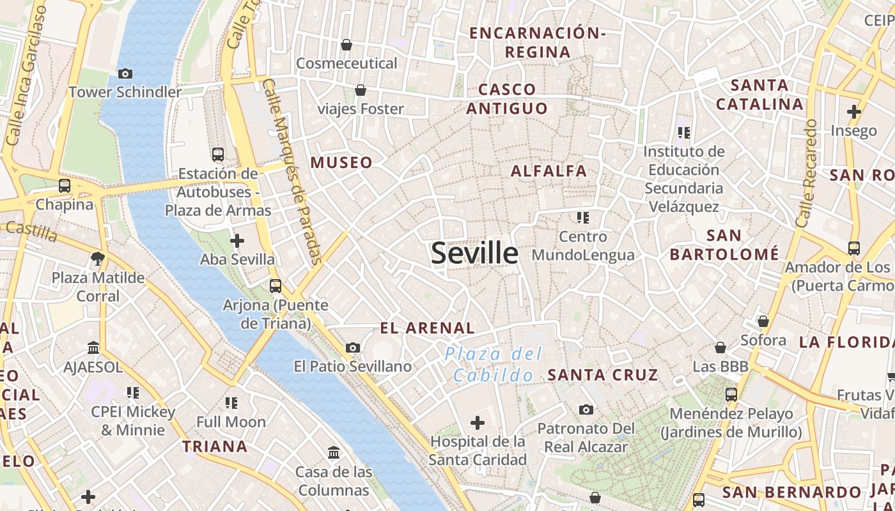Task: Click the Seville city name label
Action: (474, 253)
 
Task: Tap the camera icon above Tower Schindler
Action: (125, 73)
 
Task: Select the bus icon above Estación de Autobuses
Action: (218, 154)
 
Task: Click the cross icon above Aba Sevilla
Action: (237, 241)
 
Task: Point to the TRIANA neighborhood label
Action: (215, 446)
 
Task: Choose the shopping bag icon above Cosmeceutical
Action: (346, 45)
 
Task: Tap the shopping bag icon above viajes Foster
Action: (361, 90)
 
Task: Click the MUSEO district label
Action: (341, 163)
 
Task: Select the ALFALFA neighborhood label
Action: (549, 171)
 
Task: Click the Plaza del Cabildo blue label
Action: (494, 364)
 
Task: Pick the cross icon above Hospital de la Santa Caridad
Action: (477, 422)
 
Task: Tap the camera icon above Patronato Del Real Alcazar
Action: (586, 409)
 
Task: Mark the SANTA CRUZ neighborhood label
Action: (603, 375)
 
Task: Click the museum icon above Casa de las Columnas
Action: (334, 453)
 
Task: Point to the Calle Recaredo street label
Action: (807, 172)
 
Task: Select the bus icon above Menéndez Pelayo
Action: (731, 395)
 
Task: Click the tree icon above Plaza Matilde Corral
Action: (98, 259)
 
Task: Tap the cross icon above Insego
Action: (853, 112)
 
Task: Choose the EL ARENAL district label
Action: (427, 328)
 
